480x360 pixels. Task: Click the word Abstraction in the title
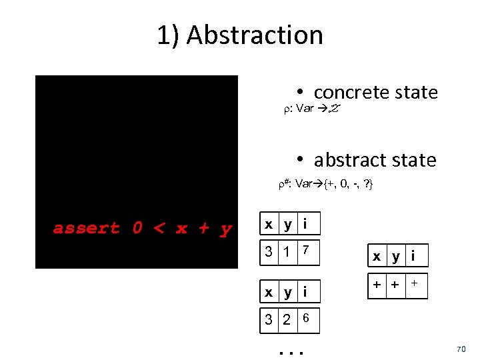[255, 35]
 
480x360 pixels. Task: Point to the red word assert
[87, 229]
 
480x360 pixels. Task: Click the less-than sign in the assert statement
[159, 229]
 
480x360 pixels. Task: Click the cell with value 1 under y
[287, 252]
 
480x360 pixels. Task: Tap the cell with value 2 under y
[287, 320]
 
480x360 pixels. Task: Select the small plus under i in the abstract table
[414, 283]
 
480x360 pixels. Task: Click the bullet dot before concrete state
[301, 92]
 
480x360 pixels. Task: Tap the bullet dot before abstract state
[301, 160]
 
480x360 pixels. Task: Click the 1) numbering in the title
[169, 35]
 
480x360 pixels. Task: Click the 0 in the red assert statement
[137, 229]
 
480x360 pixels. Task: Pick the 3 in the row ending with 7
[268, 252]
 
